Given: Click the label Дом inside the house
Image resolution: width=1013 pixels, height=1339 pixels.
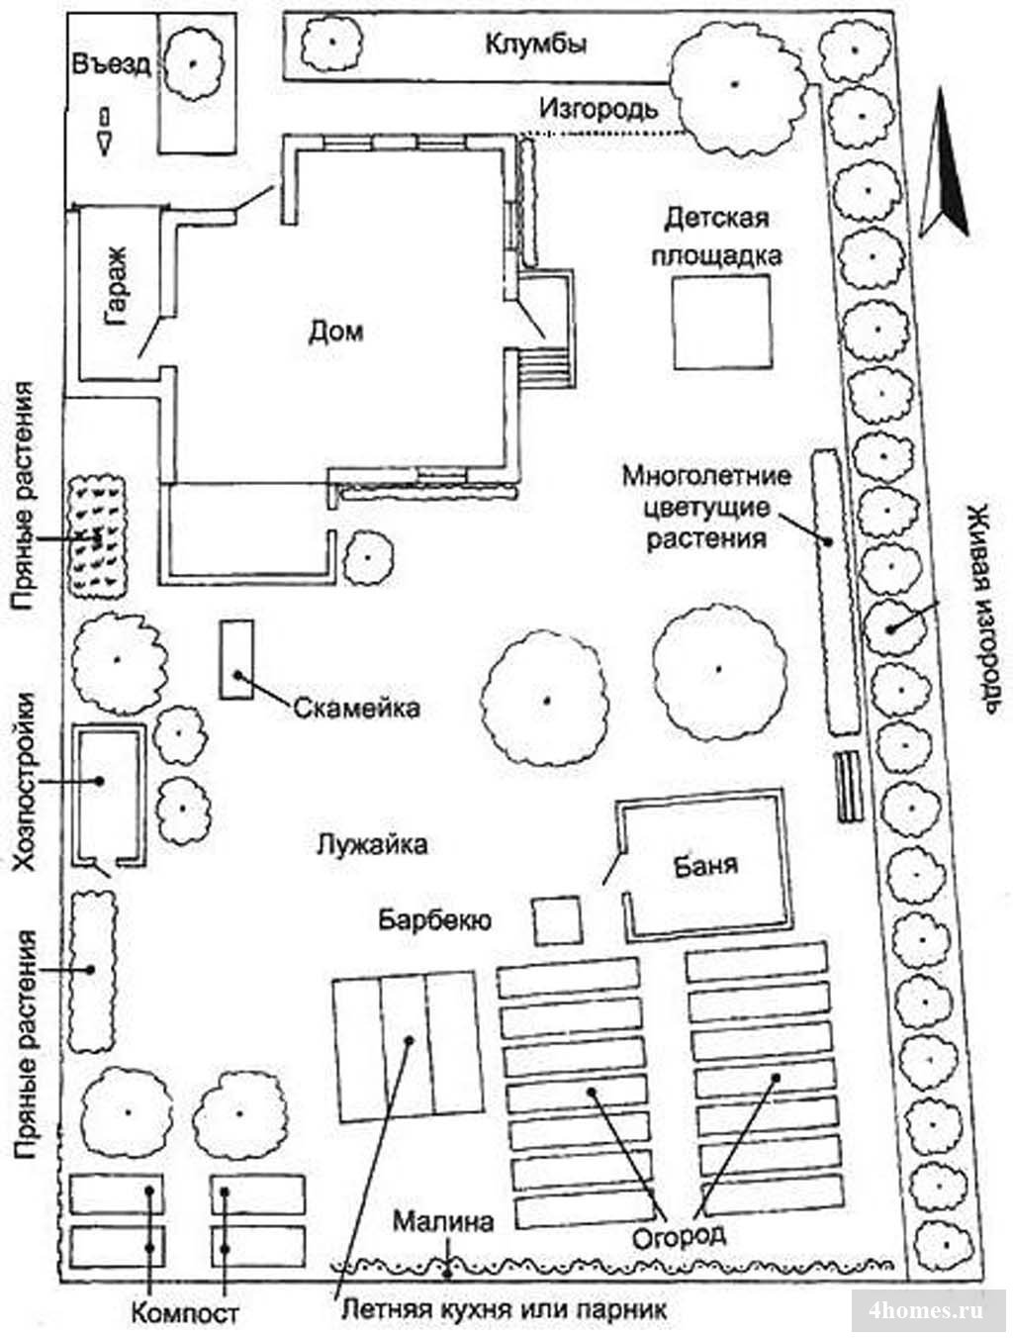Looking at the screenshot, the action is point(335,332).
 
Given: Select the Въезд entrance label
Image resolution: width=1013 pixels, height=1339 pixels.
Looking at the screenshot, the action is point(112,63).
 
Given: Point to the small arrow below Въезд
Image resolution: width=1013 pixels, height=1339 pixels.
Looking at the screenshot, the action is point(105,133).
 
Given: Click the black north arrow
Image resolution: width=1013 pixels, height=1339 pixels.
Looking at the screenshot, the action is point(943,162).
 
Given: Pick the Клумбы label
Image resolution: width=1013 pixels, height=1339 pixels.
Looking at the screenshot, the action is point(536,45).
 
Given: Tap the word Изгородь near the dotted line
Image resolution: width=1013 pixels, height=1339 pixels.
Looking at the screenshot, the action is point(599,110).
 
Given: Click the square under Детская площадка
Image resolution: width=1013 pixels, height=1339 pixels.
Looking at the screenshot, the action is point(721,322).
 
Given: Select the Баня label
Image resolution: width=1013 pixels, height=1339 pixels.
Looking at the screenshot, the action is point(705,865).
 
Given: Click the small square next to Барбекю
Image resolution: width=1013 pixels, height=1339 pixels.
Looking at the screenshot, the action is point(557,920).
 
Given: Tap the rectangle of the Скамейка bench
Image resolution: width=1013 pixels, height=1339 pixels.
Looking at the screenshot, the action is point(236,659).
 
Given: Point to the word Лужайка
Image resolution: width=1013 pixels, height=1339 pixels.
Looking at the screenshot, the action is point(372,845).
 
